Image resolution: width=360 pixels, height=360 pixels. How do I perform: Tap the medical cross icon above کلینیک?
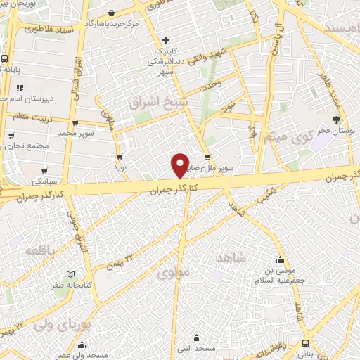pyautogui.click(x=165, y=40)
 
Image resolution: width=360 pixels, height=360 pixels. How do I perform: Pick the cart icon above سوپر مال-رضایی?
pyautogui.click(x=206, y=157)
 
